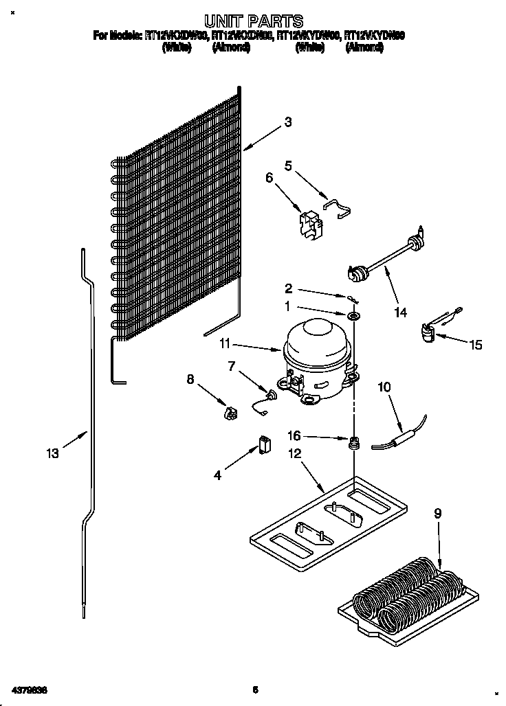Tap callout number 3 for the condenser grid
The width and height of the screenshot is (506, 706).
[x=288, y=122]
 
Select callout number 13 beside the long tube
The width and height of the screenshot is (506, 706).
[x=52, y=453]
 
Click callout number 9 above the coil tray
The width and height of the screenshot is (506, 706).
[x=437, y=512]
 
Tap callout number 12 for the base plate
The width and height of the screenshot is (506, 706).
[x=295, y=453]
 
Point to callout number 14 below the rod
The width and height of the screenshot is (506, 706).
[x=401, y=312]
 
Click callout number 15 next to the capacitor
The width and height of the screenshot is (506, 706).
[x=476, y=345]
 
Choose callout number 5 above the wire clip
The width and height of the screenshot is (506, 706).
[x=288, y=166]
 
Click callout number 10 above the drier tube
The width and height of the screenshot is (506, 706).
[x=384, y=387]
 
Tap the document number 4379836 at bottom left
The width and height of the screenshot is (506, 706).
[x=30, y=689]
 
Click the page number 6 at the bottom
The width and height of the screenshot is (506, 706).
[x=254, y=689]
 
